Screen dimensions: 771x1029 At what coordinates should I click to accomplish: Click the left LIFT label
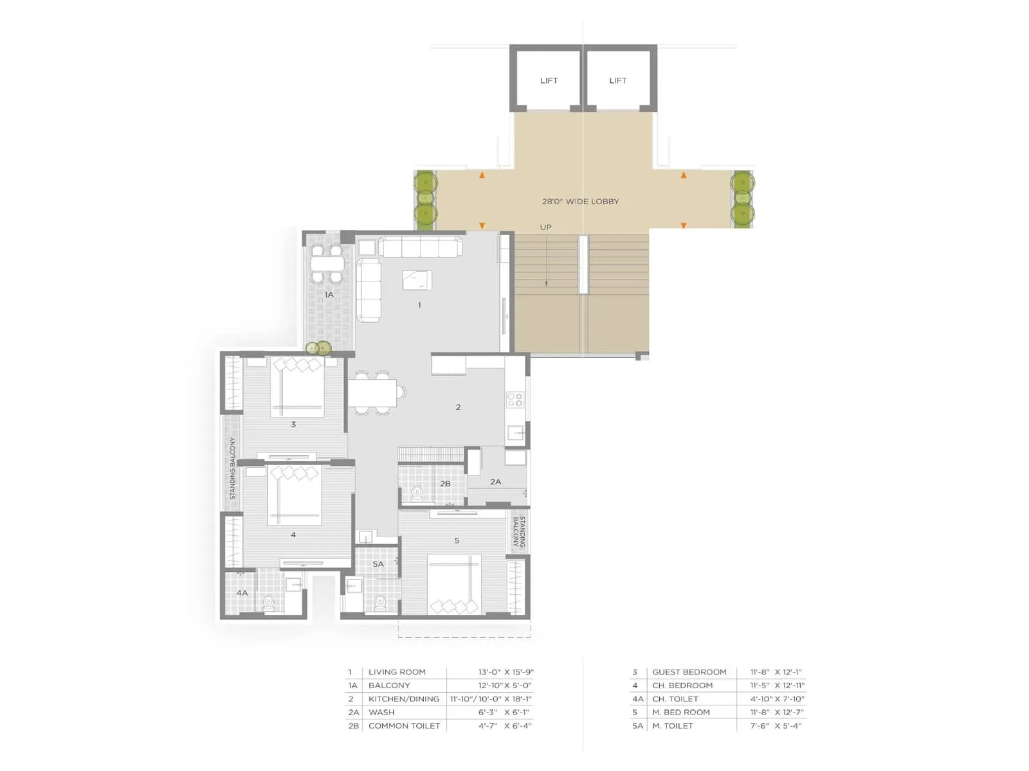[x=549, y=80]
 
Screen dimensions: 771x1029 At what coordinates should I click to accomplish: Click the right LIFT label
[x=617, y=80]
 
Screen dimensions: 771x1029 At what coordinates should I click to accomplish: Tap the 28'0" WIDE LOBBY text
[x=580, y=201]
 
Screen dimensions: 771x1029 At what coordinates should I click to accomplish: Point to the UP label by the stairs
[x=545, y=227]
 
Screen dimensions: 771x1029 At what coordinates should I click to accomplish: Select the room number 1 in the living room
[x=419, y=305]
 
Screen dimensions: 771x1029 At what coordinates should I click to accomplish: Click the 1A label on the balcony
[x=329, y=295]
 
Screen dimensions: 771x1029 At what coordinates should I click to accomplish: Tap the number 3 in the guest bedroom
[x=293, y=424]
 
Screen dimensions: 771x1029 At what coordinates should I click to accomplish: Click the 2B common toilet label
[x=445, y=484]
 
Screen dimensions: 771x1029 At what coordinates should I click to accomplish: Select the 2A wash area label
[x=495, y=481]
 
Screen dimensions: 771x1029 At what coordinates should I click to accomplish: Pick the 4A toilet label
[x=242, y=592]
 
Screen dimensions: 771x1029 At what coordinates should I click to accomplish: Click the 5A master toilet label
[x=378, y=564]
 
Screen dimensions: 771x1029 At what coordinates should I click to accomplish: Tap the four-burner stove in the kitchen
[x=514, y=400]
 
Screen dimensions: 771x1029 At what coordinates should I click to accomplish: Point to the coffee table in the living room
[x=417, y=280]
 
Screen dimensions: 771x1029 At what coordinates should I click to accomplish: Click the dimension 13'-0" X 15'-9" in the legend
[x=505, y=672]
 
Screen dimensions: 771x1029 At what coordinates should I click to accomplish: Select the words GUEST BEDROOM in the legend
[x=689, y=672]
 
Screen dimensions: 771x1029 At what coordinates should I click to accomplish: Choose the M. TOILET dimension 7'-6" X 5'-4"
[x=776, y=726]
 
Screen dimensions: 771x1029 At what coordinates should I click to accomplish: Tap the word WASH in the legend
[x=381, y=713]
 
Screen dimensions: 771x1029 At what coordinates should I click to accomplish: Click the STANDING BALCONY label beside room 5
[x=519, y=531]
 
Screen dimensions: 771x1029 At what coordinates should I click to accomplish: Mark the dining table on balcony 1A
[x=327, y=263]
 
